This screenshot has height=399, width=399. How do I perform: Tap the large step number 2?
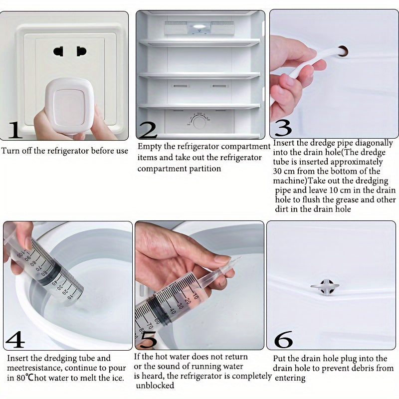[x=148, y=129]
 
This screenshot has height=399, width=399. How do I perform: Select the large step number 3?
[x=283, y=127]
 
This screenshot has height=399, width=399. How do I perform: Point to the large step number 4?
[x=15, y=340]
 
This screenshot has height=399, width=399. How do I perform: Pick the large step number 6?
[x=283, y=340]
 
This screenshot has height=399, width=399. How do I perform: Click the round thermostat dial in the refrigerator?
[x=199, y=121]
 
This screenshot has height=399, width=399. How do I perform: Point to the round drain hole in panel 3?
[x=343, y=50]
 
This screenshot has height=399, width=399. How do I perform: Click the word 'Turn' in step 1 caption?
[x=11, y=151]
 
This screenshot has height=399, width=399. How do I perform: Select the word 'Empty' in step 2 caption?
[x=149, y=147]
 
